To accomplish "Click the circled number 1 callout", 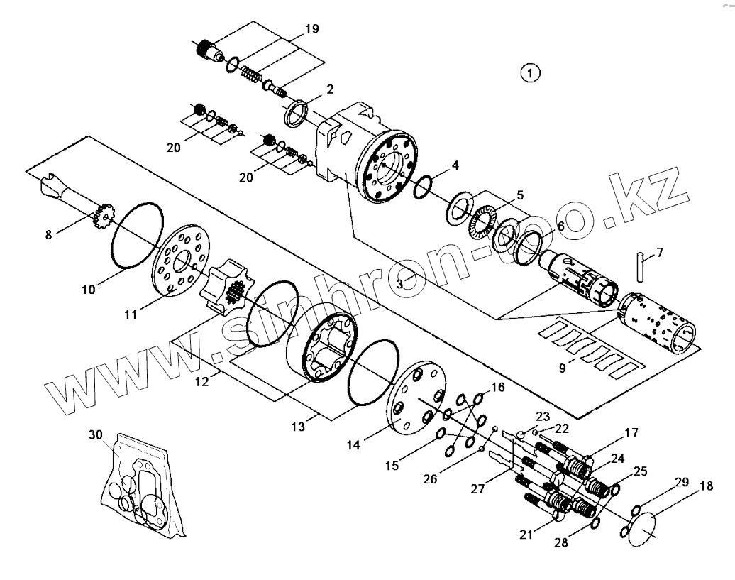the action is point(530,72).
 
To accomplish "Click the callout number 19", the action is point(311,29).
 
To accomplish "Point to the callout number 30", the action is point(96,434).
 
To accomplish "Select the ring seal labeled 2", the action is point(296,113).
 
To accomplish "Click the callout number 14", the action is point(353,445).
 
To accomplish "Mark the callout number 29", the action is point(682,482).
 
